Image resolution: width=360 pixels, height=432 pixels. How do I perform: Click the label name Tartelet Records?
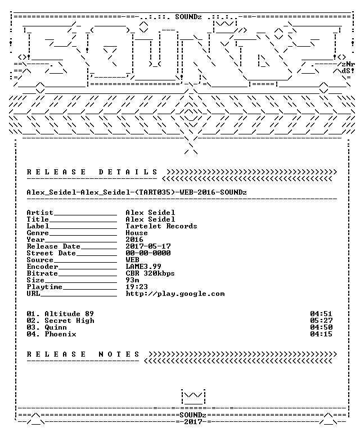[161, 226]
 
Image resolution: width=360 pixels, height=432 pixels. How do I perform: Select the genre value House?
[137, 233]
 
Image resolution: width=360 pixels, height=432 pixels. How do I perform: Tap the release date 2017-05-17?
[148, 246]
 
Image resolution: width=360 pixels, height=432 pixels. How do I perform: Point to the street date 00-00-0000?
[148, 253]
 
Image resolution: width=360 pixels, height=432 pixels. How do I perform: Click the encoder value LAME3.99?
[143, 267]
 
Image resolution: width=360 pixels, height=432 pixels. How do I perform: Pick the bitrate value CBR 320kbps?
[150, 273]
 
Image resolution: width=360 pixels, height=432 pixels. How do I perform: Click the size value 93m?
[132, 280]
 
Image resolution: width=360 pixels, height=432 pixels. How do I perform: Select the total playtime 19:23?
[137, 287]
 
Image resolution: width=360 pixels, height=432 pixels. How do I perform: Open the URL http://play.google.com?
[175, 294]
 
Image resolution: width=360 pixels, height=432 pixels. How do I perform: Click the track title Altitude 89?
[69, 314]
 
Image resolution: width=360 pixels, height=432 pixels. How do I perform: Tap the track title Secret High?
[69, 321]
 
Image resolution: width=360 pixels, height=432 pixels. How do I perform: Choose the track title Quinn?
[56, 327]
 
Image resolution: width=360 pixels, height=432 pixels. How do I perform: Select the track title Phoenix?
[60, 334]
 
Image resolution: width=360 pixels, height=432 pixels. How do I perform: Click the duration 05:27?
[321, 321]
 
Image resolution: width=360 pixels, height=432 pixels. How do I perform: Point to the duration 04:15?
[321, 334]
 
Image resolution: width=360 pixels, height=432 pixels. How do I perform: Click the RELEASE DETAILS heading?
[92, 172]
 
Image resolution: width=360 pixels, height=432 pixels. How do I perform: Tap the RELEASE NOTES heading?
[83, 354]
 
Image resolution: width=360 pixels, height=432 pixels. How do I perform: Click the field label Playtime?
[44, 287]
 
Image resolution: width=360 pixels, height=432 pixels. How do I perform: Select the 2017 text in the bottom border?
[193, 422]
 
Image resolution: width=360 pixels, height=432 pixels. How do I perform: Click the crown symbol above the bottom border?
[193, 397]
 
